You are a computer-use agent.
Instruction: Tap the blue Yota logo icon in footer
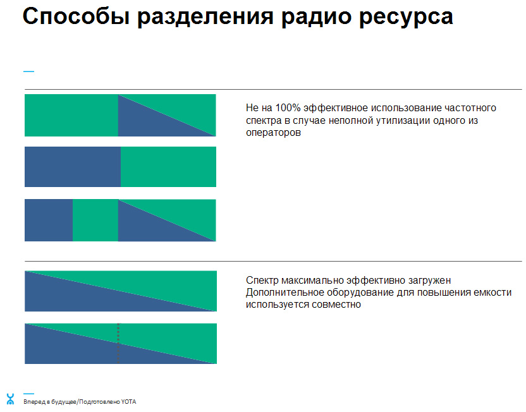[9, 399]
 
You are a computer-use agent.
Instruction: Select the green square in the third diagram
[95, 220]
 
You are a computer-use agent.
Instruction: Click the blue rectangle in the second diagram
[72, 167]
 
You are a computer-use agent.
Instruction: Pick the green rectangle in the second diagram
[168, 167]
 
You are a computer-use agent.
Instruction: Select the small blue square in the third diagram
[49, 220]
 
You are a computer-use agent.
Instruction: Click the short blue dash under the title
[28, 71]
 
